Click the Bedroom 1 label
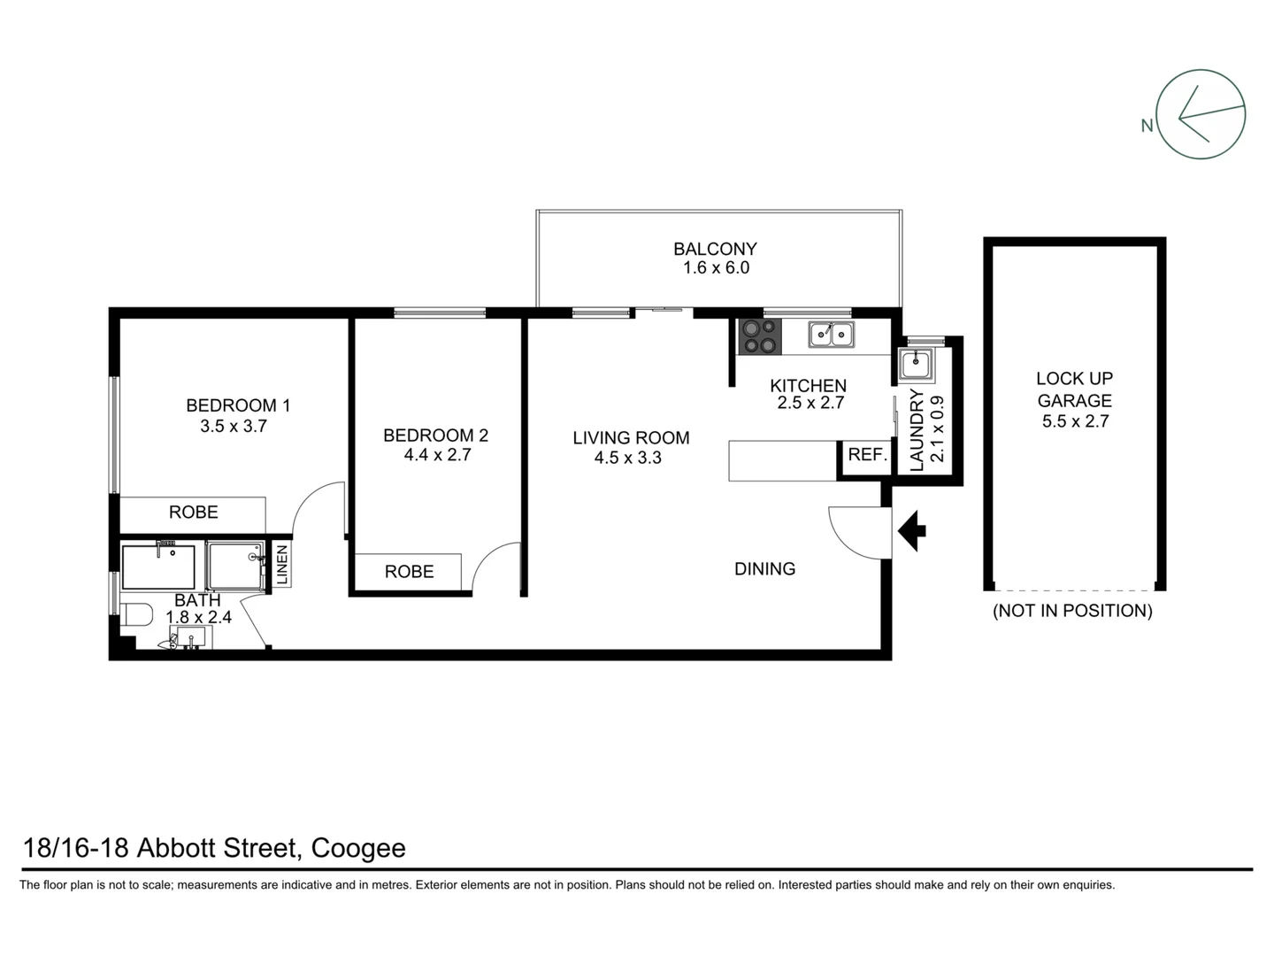tap(238, 405)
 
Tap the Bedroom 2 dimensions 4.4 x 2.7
tap(435, 455)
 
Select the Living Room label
tap(631, 437)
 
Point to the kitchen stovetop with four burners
tap(760, 336)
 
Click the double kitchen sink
tap(831, 335)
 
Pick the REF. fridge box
tap(867, 455)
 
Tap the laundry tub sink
tap(916, 363)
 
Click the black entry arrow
tap(911, 531)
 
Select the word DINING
tap(764, 569)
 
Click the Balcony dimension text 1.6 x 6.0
tap(716, 268)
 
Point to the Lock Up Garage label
tap(1074, 389)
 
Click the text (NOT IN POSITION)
tap(1072, 611)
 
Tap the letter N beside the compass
tap(1147, 126)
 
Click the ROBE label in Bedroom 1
tap(194, 513)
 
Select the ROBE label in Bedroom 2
tap(409, 572)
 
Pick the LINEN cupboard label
tap(281, 565)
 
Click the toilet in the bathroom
tap(135, 615)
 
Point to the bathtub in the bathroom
tap(158, 567)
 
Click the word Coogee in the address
tap(358, 848)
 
